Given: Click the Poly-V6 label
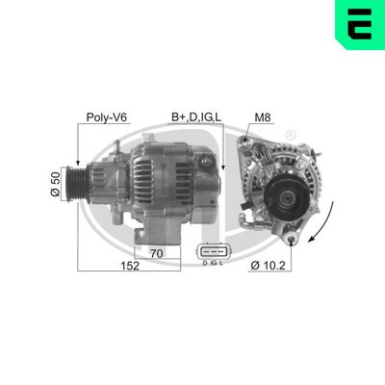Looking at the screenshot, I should [107, 118].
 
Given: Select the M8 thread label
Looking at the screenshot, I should [262, 118].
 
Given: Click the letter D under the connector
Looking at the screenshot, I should [204, 263].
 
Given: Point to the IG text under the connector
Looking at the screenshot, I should [213, 263].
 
